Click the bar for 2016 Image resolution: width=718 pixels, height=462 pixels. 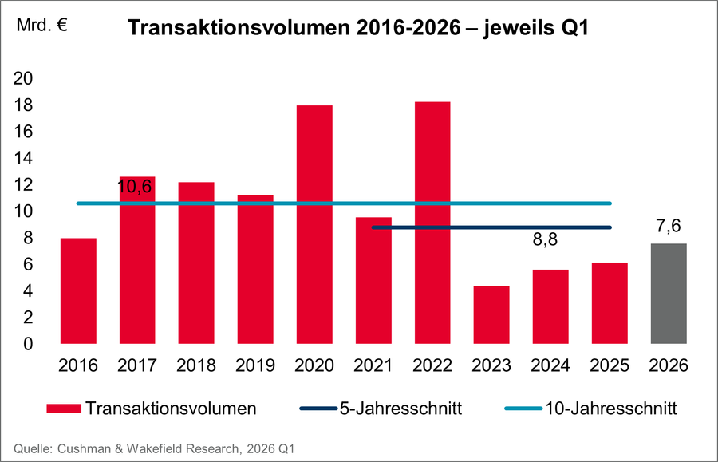click(x=78, y=291)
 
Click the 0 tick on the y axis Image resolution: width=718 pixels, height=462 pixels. click(x=29, y=345)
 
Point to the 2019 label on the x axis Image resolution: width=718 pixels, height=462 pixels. click(x=254, y=366)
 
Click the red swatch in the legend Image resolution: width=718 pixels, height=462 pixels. click(x=63, y=409)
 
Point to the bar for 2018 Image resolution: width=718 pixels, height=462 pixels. click(x=195, y=263)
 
